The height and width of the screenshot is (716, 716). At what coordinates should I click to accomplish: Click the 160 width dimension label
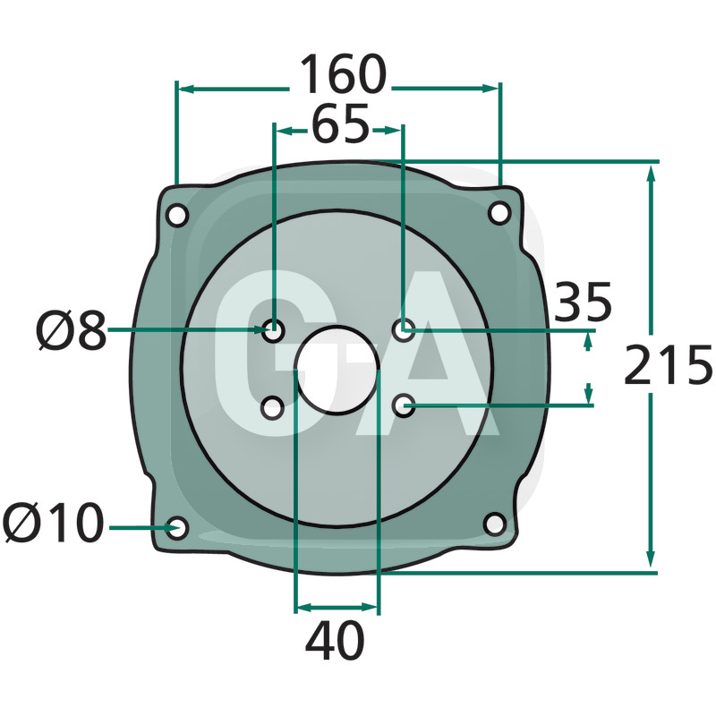click(x=343, y=74)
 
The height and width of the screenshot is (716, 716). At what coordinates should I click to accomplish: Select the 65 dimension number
click(x=340, y=124)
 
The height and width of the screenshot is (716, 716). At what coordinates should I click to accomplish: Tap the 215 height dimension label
click(x=668, y=364)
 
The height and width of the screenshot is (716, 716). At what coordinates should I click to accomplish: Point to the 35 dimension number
click(x=583, y=302)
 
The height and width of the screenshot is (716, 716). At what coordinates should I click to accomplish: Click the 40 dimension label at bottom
click(x=335, y=640)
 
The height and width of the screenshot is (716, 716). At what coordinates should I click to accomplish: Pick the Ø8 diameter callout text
click(x=72, y=330)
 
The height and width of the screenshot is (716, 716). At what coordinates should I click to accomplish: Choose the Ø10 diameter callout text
click(x=53, y=523)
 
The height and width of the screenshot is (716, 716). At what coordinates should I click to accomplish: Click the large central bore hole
click(x=337, y=370)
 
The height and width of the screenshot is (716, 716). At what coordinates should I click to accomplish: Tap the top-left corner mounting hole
click(x=176, y=215)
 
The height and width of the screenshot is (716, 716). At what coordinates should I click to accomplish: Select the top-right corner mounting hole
click(x=499, y=213)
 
